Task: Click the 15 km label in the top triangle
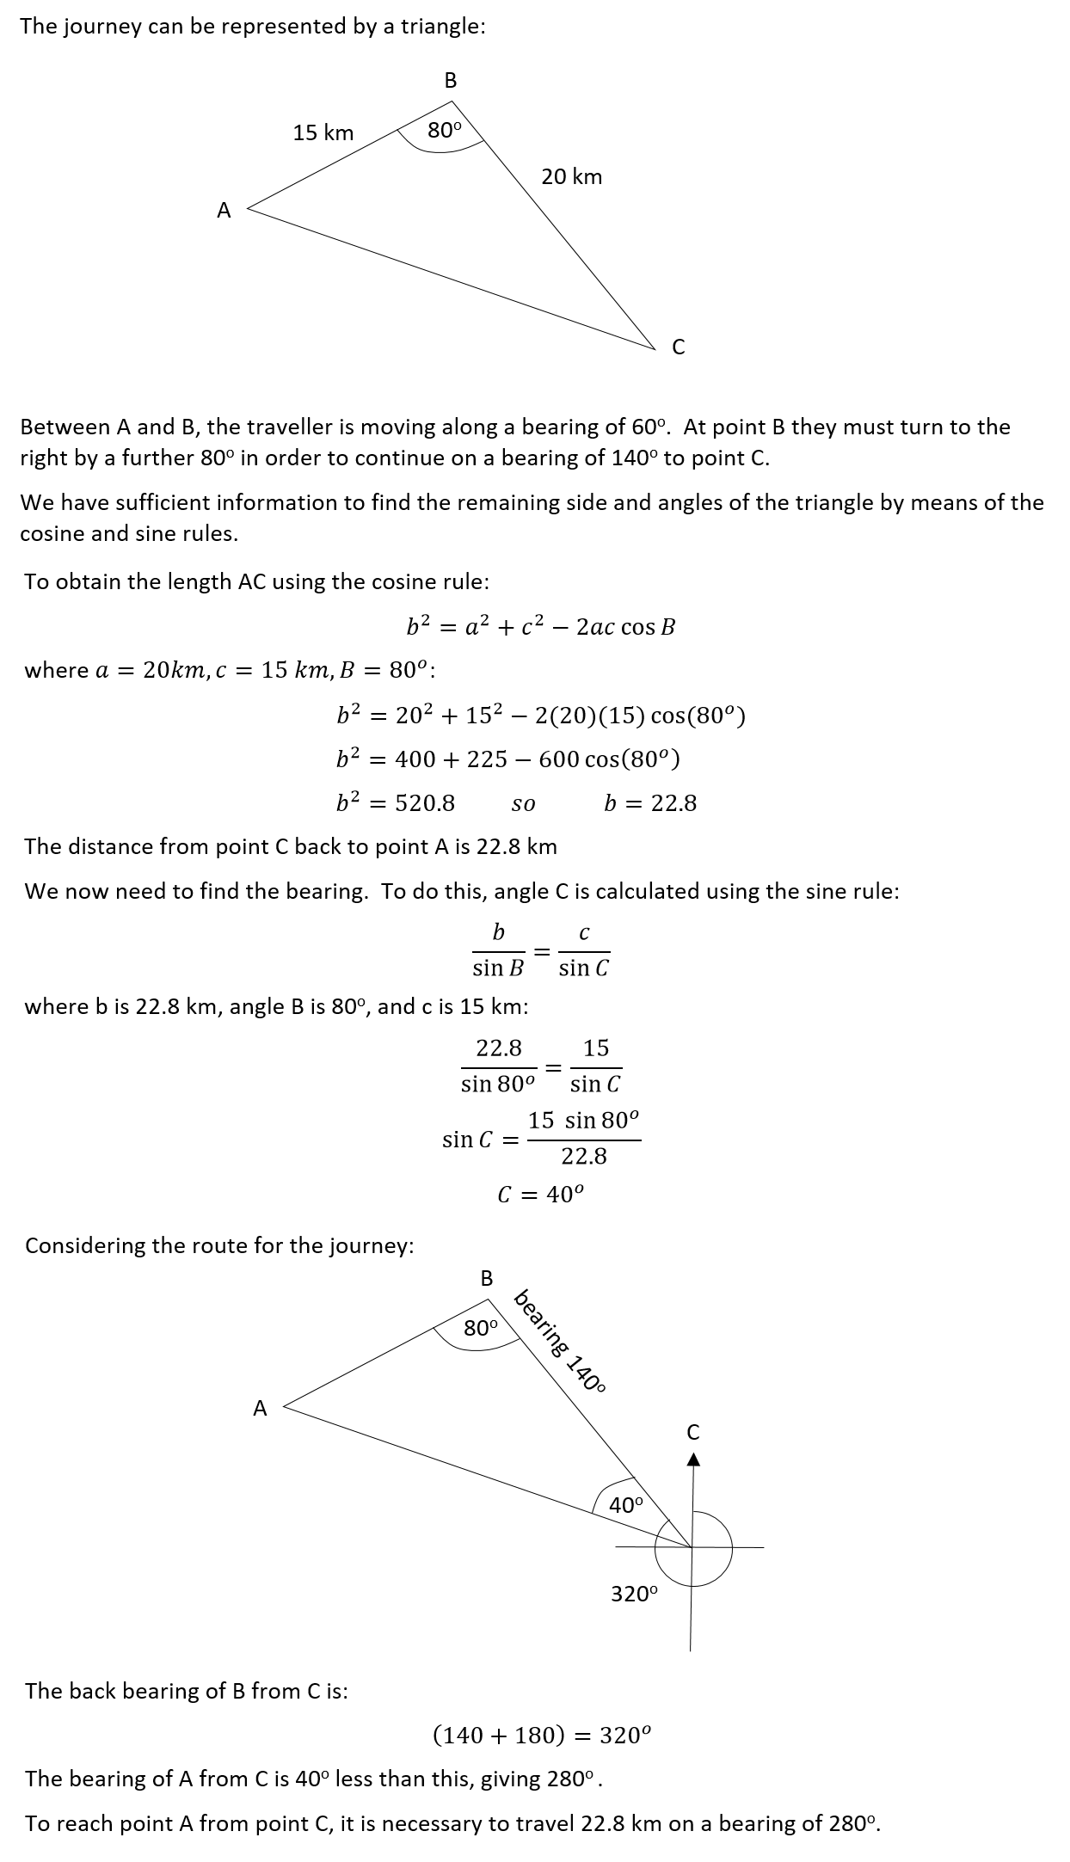[323, 132]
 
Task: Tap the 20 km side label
[571, 177]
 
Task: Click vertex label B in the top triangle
[450, 81]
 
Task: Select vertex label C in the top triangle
[678, 347]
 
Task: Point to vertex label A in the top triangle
[224, 211]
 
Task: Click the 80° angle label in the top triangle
[444, 131]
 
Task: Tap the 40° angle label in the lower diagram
[625, 1505]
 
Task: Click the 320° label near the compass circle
[634, 1594]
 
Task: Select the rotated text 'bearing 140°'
[560, 1341]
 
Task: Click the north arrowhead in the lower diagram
[694, 1459]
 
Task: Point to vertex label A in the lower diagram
[260, 1408]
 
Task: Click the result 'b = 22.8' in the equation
[649, 803]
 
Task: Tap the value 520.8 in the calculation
[425, 803]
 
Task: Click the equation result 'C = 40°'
[540, 1194]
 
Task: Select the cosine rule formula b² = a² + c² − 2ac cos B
[540, 627]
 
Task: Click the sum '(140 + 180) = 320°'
[541, 1735]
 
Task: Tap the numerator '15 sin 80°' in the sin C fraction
[583, 1121]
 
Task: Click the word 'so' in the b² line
[523, 804]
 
